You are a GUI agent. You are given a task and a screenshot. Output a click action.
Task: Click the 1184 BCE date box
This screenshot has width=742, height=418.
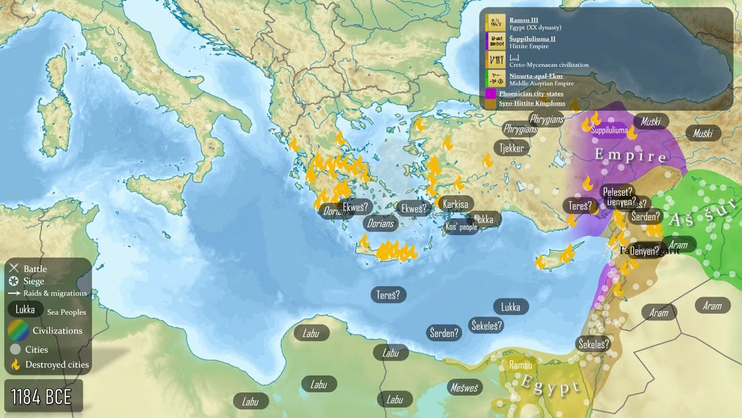coord(42,397)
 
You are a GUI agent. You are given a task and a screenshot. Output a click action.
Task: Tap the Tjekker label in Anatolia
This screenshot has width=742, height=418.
coord(512,148)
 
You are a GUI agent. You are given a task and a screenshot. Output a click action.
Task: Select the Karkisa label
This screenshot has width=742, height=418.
coord(455,204)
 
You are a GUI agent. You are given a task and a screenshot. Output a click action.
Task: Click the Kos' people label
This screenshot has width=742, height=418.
coord(461,227)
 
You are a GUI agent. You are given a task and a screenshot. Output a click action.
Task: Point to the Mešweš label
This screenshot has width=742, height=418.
coord(464,387)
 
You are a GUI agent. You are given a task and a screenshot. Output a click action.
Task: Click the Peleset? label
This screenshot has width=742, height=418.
coord(618,192)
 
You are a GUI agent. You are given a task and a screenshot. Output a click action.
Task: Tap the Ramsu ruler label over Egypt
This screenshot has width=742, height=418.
coord(520,365)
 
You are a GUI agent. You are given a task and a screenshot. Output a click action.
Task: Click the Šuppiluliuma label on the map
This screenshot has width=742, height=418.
coord(609,131)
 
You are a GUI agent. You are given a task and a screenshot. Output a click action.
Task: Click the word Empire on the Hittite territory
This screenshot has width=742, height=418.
coord(631,156)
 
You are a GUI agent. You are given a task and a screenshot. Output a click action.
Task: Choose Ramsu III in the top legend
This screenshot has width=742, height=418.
coord(523,20)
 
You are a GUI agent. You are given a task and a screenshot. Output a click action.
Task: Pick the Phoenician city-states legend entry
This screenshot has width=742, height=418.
coord(530,93)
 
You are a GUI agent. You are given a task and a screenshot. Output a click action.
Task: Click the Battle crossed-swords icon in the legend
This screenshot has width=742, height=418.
coord(14,268)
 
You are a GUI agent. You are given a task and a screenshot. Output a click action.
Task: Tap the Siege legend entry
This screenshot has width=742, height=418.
coord(34,281)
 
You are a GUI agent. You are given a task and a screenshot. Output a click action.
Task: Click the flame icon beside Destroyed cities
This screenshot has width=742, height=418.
coord(15,365)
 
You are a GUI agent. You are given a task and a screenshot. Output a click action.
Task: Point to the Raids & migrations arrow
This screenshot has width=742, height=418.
coord(14,294)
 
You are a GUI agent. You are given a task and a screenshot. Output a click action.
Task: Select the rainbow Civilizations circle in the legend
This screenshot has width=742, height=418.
coord(19,330)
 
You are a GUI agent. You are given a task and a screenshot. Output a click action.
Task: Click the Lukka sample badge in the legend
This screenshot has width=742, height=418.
coord(25,309)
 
